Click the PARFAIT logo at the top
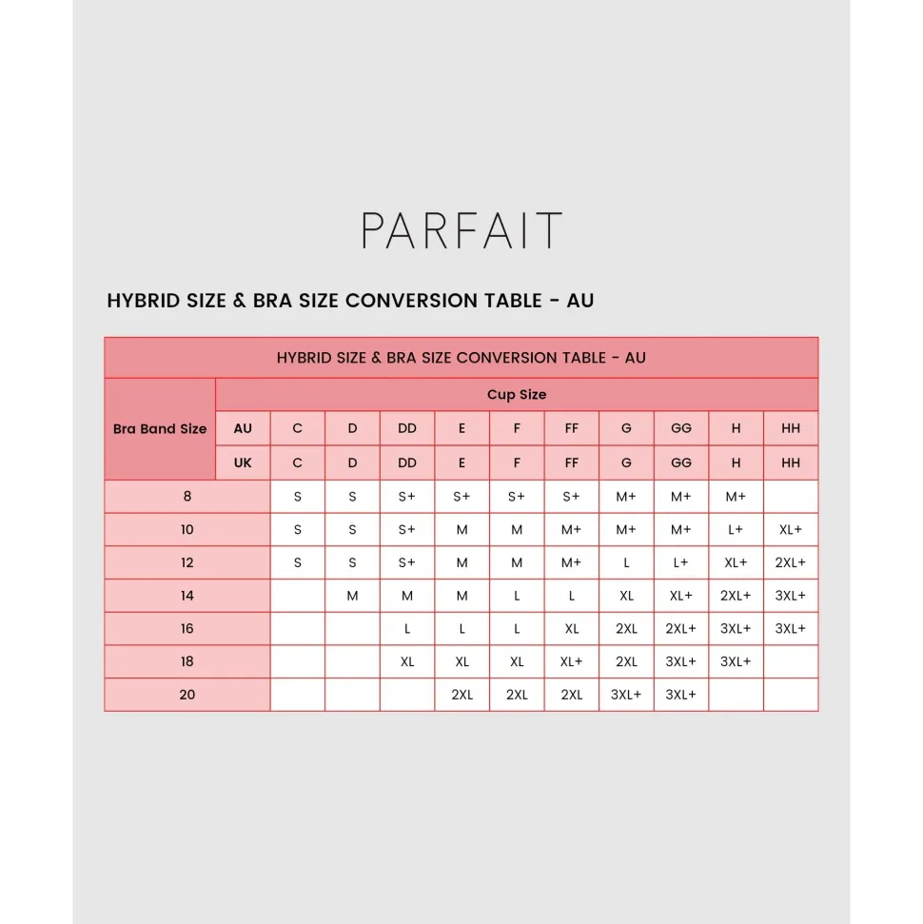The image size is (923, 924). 461,231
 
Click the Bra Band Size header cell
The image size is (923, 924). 160,429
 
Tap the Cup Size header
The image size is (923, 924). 517,395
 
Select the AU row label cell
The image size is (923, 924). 243,429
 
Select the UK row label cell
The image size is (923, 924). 243,463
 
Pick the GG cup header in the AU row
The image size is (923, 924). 681,429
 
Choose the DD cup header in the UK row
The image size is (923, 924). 407,463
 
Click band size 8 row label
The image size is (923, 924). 187,497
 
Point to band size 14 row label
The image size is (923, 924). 187,596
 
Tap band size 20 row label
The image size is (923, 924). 187,695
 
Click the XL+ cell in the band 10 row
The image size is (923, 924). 791,530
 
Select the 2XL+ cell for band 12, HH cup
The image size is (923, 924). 791,562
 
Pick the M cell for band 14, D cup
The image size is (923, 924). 352,596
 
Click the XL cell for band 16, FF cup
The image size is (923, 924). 572,629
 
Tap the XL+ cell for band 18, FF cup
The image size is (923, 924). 572,661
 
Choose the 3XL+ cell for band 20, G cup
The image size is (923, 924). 626,695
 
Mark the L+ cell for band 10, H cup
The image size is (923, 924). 736,530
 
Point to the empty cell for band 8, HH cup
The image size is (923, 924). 791,497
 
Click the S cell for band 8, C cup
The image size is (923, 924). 298,497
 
